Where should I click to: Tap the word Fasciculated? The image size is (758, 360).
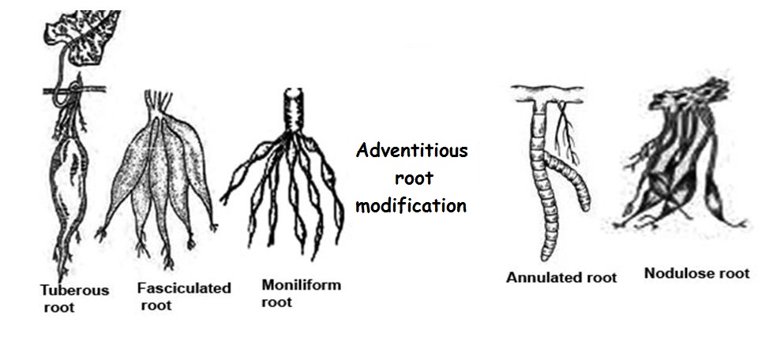pos(183,288)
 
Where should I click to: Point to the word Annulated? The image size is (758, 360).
pos(540,277)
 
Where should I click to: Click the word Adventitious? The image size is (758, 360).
pos(411,150)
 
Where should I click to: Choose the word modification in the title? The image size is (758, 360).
pos(411,205)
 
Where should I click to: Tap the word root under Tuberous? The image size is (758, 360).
pos(58,307)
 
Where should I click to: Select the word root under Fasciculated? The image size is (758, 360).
pos(156,305)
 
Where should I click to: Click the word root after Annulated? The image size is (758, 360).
pos(601,277)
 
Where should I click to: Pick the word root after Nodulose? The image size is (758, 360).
pos(732,274)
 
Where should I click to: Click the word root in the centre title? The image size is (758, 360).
pos(411,178)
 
